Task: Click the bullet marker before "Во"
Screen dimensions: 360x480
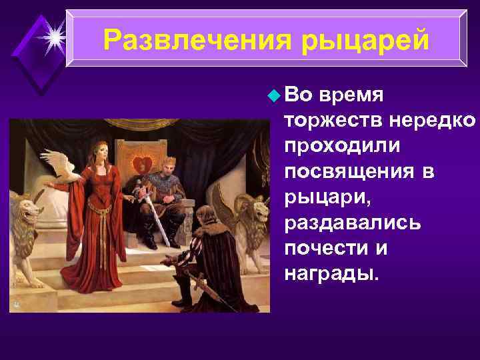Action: click(271, 95)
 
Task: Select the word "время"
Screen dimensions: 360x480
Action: click(351, 95)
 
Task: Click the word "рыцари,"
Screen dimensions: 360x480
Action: click(319, 197)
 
